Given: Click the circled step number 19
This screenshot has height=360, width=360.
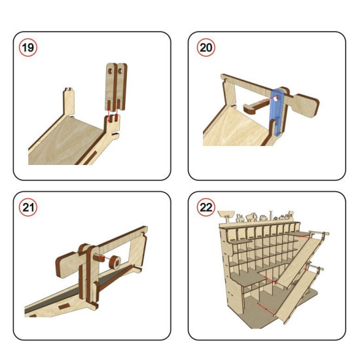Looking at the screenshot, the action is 28,48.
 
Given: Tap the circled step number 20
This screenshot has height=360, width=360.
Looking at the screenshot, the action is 206,48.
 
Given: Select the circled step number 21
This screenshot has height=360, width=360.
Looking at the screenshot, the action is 28,207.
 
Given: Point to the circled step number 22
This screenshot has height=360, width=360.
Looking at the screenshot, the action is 206,207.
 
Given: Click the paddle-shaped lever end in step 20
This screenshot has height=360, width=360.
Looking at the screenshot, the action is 305,105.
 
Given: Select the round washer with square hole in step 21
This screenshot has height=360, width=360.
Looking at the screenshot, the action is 115,262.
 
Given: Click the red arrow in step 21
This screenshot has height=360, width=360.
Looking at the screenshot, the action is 106,259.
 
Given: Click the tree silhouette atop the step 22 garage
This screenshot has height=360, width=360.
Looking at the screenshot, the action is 226,216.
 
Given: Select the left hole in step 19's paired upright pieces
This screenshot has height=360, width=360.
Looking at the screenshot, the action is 111,71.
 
